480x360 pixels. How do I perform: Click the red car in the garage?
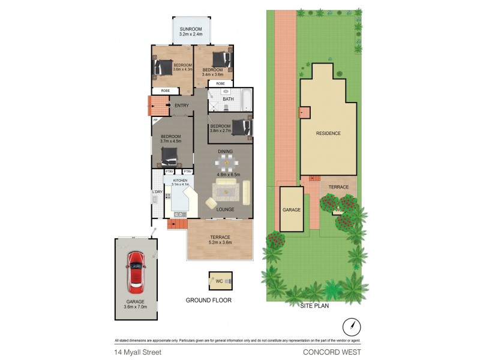136,272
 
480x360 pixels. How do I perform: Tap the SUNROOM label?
190,29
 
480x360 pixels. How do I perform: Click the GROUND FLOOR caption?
208,300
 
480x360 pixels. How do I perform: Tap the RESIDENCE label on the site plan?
328,133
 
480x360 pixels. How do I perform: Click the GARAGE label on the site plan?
291,210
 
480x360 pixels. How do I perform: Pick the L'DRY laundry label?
157,192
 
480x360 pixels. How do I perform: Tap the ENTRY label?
181,106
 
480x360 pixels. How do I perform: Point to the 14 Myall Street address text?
136,352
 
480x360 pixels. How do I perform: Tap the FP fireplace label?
155,121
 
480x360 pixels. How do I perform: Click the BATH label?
228,99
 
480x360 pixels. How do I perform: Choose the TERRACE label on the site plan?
338,188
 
